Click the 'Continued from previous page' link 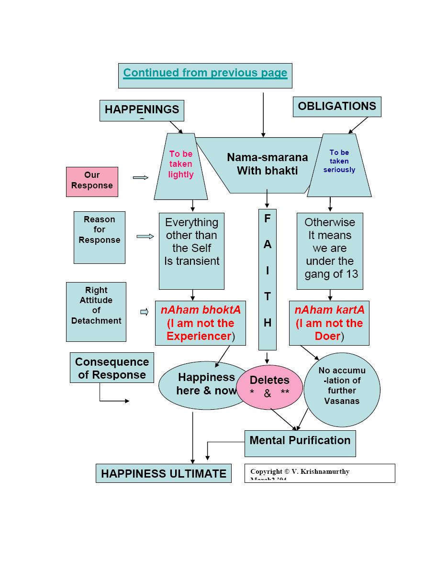click(205, 73)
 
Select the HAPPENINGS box click(142, 110)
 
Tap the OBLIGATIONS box click(337, 106)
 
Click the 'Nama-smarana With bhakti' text click(267, 164)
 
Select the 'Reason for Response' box click(100, 237)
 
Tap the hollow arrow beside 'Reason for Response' click(145, 236)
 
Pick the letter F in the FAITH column click(268, 218)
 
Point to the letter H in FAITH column click(268, 323)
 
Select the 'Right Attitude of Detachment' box click(96, 311)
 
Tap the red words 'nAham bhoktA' click(201, 310)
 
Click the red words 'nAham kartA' click(329, 310)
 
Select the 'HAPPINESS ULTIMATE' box click(164, 473)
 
